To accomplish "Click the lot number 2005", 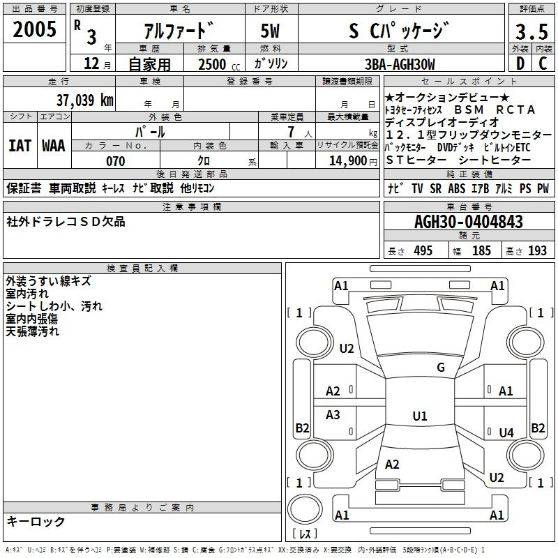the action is pos(35,29).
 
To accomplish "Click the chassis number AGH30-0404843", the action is pos(468,223).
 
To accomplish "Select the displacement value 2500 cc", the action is pos(212,65).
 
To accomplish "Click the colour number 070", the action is pos(116,161).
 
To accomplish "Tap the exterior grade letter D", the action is pos(520,64).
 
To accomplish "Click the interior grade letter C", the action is pos(543,64).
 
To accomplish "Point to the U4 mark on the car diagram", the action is pos(506,433).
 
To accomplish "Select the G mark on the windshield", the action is pos(441,368).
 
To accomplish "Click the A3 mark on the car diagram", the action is pos(333,415).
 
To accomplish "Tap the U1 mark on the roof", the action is pos(419,416).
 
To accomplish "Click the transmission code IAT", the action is pos(20,146).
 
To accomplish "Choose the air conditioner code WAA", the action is pos(54,146).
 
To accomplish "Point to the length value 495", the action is pos(423,251).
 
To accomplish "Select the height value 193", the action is pos(537,251).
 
